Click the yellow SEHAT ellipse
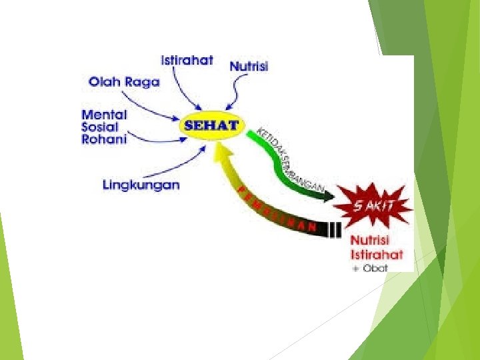[211, 126]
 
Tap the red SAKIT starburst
[373, 205]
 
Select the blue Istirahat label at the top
[187, 61]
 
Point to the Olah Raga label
[125, 82]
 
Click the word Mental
[104, 115]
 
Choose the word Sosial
[101, 127]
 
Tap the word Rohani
[104, 139]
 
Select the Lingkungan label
[141, 184]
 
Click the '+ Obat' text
[371, 268]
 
